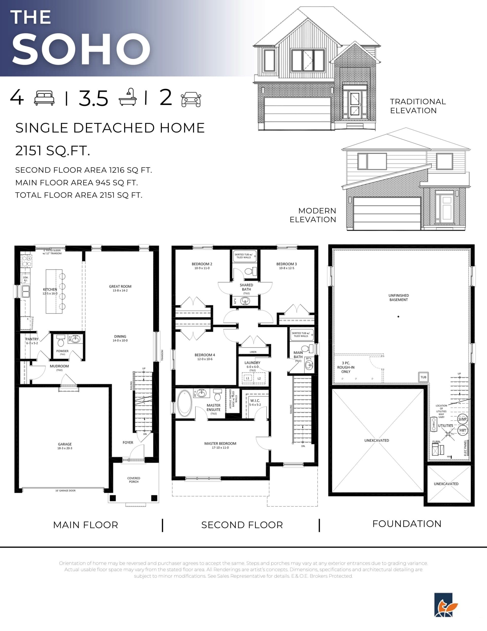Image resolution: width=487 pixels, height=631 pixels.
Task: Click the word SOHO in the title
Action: point(81,49)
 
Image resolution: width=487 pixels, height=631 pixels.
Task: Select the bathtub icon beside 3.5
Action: point(128,97)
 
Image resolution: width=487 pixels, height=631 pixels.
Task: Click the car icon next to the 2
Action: point(191,99)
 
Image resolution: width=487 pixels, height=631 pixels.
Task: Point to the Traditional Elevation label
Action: point(418,106)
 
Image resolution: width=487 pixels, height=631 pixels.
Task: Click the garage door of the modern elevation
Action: point(387,213)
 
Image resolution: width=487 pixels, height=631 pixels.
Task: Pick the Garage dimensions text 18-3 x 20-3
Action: point(65,448)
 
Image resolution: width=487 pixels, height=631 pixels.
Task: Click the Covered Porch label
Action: point(134,480)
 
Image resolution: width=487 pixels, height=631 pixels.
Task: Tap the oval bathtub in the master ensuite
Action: point(184,403)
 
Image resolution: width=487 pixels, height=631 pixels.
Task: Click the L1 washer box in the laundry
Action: point(247,378)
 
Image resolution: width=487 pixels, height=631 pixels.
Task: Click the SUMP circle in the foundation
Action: point(462,419)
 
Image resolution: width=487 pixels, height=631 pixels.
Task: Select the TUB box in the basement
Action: point(423,377)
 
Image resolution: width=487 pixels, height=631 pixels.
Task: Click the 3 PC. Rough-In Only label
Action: point(345,367)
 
